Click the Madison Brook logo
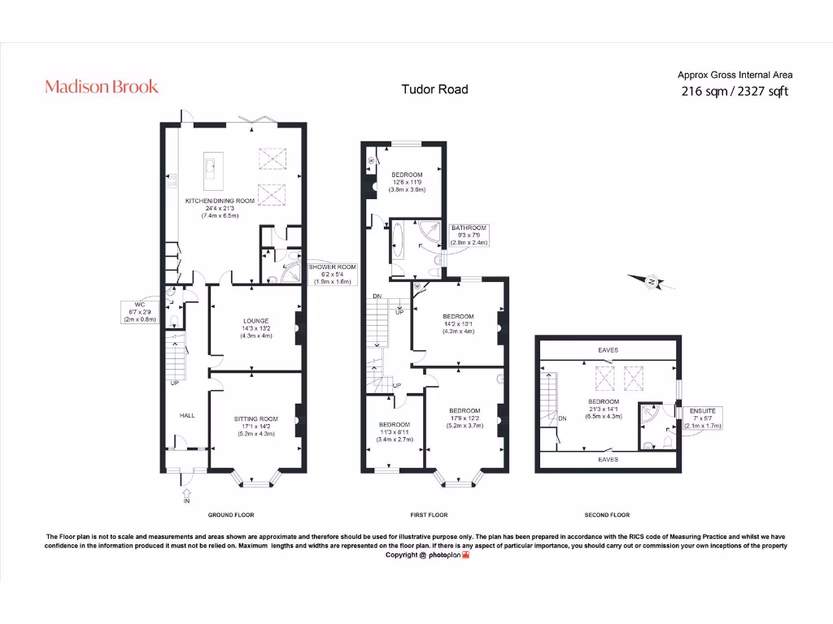[102, 86]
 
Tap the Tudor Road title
[434, 89]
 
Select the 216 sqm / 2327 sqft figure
[735, 91]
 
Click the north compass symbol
[652, 282]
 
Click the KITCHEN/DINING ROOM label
[220, 201]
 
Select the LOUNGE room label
[256, 321]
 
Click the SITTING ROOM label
[256, 418]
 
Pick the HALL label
[187, 415]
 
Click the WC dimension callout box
[140, 312]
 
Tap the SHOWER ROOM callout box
[333, 275]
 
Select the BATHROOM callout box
[469, 235]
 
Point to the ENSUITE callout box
[702, 418]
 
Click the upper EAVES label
[608, 350]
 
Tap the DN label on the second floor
[563, 418]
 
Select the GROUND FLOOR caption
[231, 514]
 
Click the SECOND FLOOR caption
[607, 514]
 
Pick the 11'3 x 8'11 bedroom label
[395, 432]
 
